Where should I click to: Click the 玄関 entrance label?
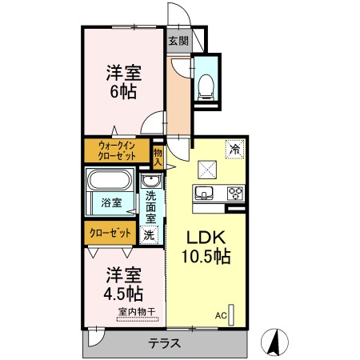pyautogui.click(x=178, y=41)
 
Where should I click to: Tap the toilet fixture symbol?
pyautogui.click(x=205, y=85)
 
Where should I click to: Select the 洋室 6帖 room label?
pyautogui.click(x=124, y=81)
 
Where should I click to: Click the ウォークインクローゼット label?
pyautogui.click(x=118, y=151)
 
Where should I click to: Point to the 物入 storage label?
pyautogui.click(x=158, y=156)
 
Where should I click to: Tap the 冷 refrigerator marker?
pyautogui.click(x=235, y=148)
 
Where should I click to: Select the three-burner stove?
pyautogui.click(x=235, y=193)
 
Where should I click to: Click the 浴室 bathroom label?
pyautogui.click(x=111, y=203)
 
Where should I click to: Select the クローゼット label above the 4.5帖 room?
pyautogui.click(x=110, y=232)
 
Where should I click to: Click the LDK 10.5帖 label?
pyautogui.click(x=209, y=247)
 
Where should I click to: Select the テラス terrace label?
pyautogui.click(x=163, y=344)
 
